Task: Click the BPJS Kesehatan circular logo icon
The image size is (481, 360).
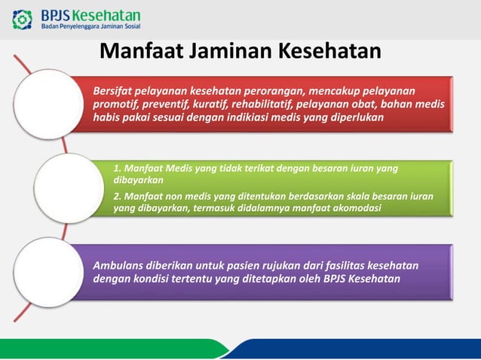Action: coord(22,20)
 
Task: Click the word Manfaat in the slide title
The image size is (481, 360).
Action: coord(142,51)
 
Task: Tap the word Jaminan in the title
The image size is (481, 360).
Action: coord(231,51)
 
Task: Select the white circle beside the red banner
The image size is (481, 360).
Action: coord(48,104)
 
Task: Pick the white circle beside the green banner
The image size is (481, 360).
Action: coord(69,188)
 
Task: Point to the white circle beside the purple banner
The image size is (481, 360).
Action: coord(48,272)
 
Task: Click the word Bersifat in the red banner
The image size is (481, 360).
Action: coord(112,91)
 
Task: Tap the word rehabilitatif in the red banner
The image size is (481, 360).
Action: coord(262,104)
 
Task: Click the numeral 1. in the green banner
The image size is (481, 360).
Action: coord(117,169)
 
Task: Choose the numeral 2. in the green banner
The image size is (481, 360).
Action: coord(117,197)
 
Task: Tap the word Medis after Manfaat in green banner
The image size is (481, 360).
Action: coord(179,169)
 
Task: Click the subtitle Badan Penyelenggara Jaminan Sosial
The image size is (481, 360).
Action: coord(90,26)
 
